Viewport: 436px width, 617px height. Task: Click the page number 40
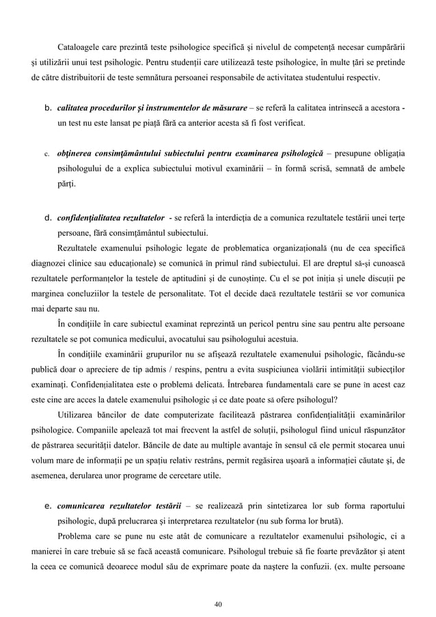(218, 603)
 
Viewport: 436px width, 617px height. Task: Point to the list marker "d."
(49, 218)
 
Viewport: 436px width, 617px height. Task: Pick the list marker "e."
(49, 505)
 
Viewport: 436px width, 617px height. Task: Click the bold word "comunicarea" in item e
(86, 505)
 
